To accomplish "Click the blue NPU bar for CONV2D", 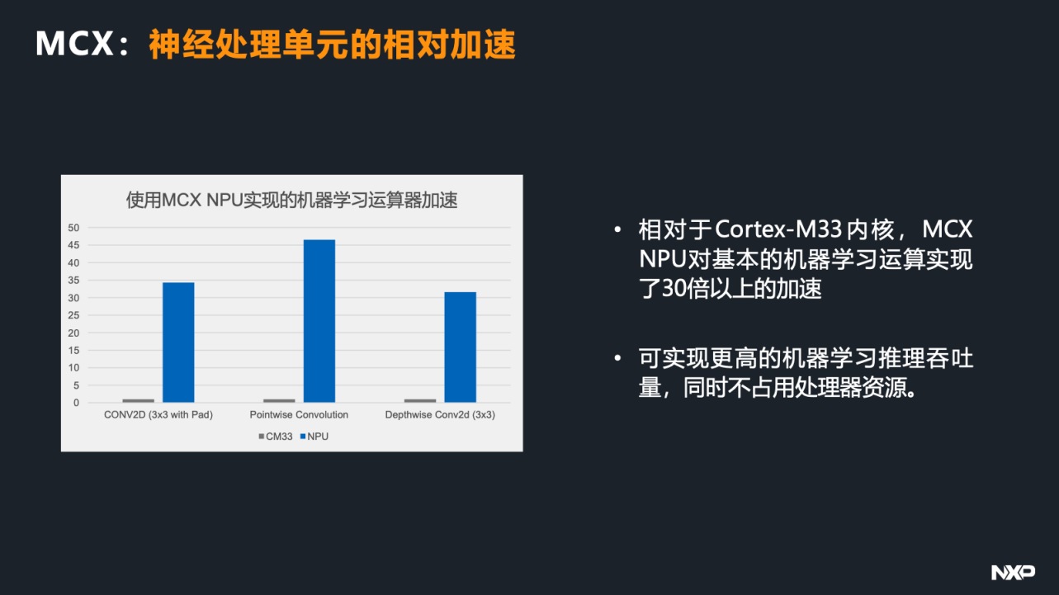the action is point(178,342).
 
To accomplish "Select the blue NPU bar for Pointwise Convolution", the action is point(319,321).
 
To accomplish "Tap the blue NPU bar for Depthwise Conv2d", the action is point(460,347).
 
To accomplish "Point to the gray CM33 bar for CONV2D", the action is point(138,401).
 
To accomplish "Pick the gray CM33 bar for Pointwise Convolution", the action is point(279,401).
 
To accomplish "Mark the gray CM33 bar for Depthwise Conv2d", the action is point(420,401).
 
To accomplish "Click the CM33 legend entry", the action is point(276,437).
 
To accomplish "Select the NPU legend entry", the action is point(314,437).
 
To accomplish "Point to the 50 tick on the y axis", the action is point(73,228).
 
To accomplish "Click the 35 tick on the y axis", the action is point(73,281).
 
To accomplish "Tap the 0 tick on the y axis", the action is point(76,403).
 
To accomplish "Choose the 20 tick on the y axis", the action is point(73,333).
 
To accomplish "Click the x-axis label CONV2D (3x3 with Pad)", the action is point(158,415).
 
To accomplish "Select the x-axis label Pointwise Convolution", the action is point(299,414).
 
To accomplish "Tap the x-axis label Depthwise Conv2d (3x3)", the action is point(440,415).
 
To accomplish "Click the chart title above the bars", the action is point(291,200).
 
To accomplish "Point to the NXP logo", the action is point(1013,573).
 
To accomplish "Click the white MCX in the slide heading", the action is point(74,44).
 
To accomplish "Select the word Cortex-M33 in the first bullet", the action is point(778,229).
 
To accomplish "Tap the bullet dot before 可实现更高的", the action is point(617,358).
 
